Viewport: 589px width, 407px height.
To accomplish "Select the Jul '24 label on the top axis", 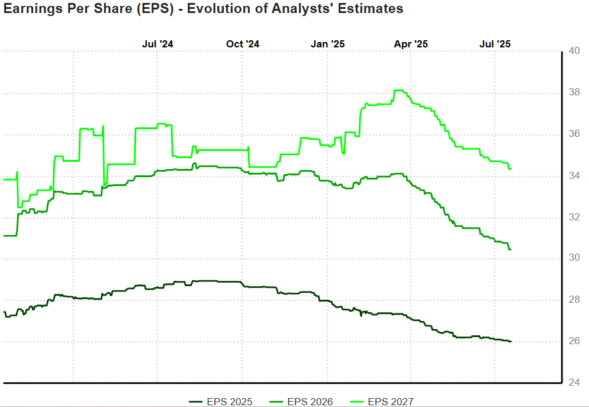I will [158, 44].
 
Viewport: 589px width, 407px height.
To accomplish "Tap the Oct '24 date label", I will [243, 44].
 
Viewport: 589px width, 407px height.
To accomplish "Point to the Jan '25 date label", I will [328, 44].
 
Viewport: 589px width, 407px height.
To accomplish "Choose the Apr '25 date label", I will [411, 44].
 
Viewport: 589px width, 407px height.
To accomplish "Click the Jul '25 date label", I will [495, 44].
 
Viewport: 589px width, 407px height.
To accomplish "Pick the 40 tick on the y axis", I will [574, 52].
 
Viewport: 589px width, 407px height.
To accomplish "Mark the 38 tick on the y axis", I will [574, 93].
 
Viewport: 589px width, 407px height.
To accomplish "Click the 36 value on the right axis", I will [574, 134].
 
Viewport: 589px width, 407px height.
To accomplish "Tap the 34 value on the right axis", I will [574, 176].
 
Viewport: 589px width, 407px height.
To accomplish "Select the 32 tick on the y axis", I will [574, 217].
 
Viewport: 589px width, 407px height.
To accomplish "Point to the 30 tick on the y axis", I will [574, 259].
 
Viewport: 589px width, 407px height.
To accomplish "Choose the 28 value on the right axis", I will [574, 300].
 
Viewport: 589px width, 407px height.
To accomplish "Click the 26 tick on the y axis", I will [574, 342].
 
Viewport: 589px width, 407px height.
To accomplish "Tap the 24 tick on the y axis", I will [574, 383].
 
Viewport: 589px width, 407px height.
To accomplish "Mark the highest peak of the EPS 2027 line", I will [398, 91].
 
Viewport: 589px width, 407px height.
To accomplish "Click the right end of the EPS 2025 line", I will [510, 341].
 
